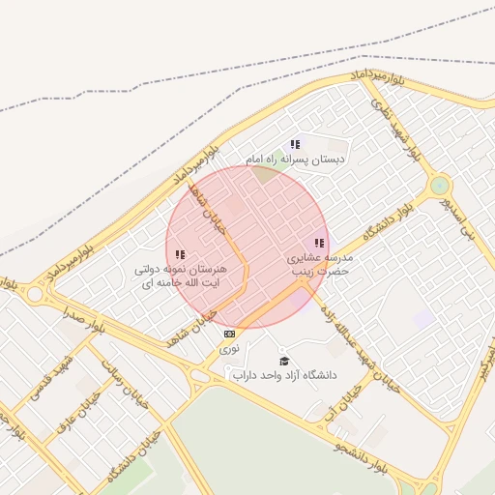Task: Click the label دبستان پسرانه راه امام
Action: tap(295, 158)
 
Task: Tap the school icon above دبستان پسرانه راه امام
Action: tap(295, 144)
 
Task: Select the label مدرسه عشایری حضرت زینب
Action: tap(320, 265)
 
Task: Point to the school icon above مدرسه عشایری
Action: tap(319, 244)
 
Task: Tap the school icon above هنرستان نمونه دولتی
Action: tap(181, 254)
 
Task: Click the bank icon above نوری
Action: tap(229, 334)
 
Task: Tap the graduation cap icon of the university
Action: tap(283, 361)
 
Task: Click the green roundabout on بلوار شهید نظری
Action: tap(440, 185)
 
